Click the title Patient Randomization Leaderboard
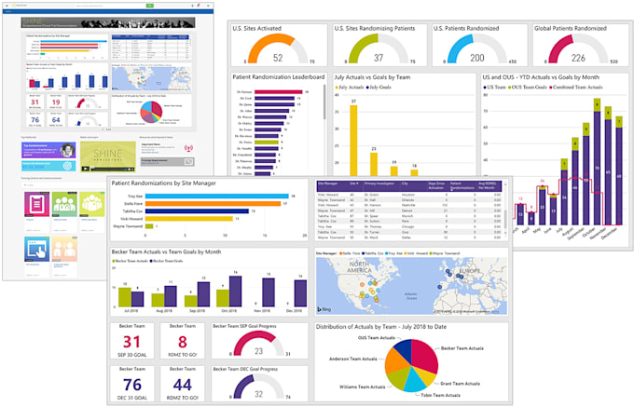pos(279,78)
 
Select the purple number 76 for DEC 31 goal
pos(132,384)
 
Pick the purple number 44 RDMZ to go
pos(183,384)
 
